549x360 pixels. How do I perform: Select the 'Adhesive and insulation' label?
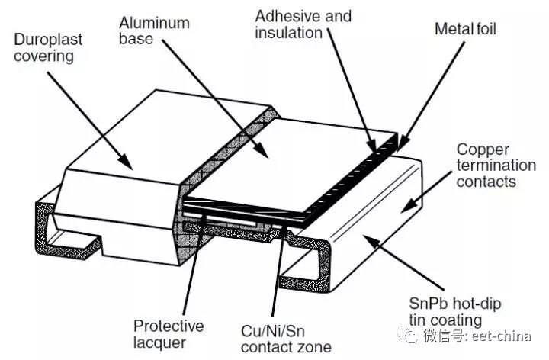[303, 24]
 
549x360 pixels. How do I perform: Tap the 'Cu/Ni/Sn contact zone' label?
[285, 338]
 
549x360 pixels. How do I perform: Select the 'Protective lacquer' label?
[169, 335]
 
